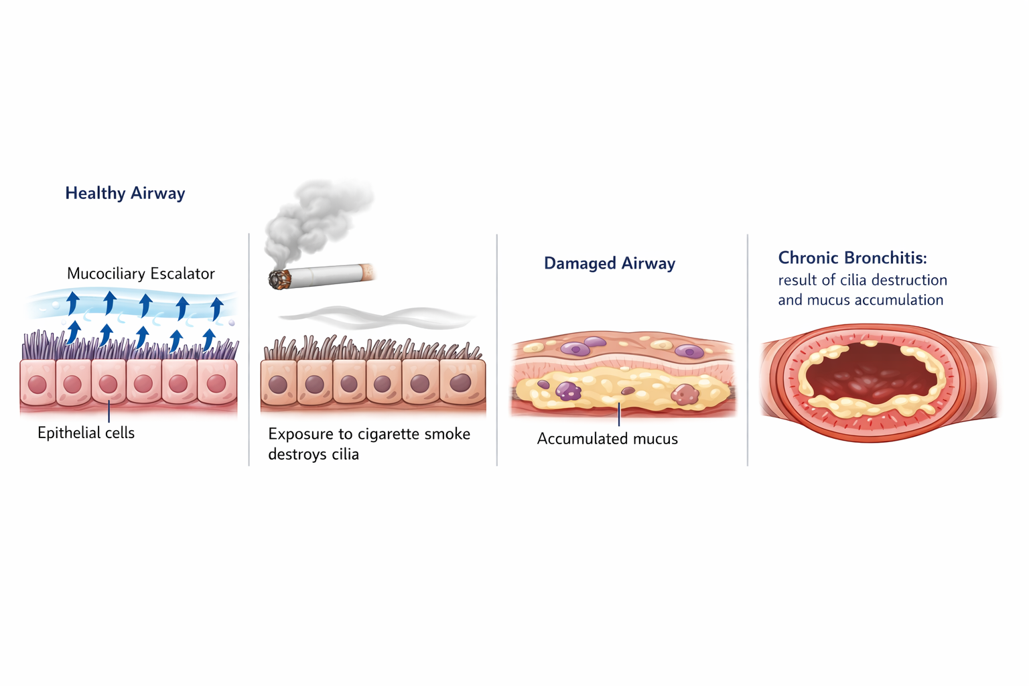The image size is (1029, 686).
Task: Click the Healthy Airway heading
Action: tap(125, 194)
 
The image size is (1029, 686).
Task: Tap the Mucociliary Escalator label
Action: tap(141, 273)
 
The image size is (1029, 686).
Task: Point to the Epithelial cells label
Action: tap(86, 433)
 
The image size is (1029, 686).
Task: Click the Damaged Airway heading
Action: tap(609, 263)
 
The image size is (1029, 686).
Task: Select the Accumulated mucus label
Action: tap(607, 439)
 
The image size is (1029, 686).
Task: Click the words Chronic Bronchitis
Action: tap(852, 258)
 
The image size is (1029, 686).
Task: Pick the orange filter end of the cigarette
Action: tap(368, 271)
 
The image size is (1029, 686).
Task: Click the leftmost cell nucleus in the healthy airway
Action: tap(38, 384)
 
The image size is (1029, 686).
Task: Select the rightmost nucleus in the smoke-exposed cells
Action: tap(460, 383)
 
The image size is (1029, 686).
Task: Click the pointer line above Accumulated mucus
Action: tap(619, 415)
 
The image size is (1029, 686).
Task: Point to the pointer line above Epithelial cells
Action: tap(109, 411)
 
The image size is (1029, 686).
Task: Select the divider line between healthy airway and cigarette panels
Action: tap(249, 348)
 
